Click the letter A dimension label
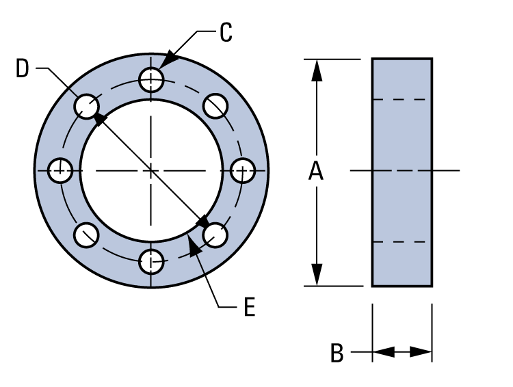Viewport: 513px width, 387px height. pyautogui.click(x=315, y=171)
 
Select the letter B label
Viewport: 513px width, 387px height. pyautogui.click(x=337, y=353)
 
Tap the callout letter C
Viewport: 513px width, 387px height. pyautogui.click(x=226, y=33)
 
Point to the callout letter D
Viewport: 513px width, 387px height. pyautogui.click(x=23, y=68)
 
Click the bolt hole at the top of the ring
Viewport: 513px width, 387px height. pyautogui.click(x=150, y=80)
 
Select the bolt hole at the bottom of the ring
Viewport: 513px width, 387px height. pyautogui.click(x=150, y=260)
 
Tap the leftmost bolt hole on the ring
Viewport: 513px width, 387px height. pyautogui.click(x=61, y=170)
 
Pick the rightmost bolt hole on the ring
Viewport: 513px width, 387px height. pyautogui.click(x=241, y=170)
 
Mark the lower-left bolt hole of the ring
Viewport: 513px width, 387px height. pyautogui.click(x=86, y=234)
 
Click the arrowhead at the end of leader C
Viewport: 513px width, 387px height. pyautogui.click(x=168, y=59)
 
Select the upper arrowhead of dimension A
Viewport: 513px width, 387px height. pyautogui.click(x=316, y=69)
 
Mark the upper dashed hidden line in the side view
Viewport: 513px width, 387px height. pyautogui.click(x=402, y=99)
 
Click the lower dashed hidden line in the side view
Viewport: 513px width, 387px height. pyautogui.click(x=402, y=242)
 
